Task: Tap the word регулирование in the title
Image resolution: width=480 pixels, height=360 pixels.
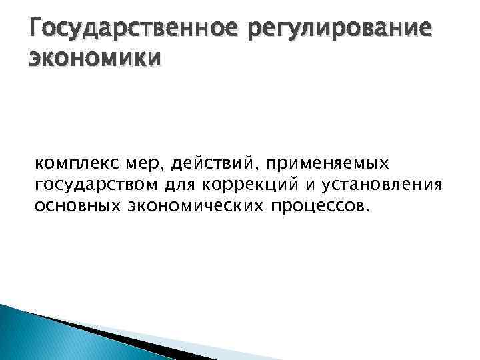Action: (x=345, y=30)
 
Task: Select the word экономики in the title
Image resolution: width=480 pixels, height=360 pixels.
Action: (x=94, y=61)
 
